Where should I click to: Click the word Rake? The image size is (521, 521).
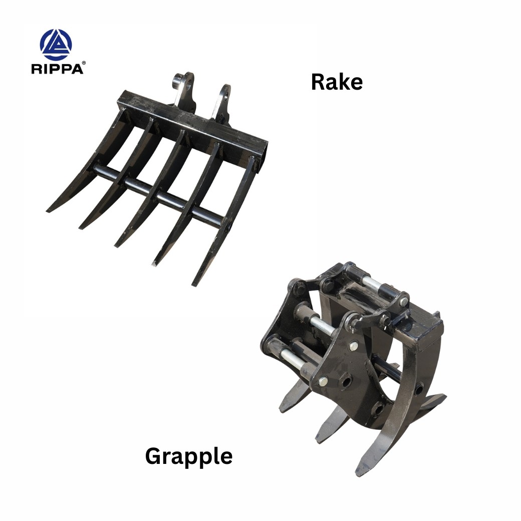pyautogui.click(x=337, y=82)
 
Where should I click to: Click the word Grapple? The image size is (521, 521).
pyautogui.click(x=189, y=457)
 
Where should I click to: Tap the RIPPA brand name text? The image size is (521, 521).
pyautogui.click(x=57, y=69)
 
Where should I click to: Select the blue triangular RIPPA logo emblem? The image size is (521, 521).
pyautogui.click(x=56, y=45)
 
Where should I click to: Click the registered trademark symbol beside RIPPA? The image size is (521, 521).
pyautogui.click(x=83, y=63)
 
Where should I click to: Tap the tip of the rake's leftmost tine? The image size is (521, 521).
pyautogui.click(x=48, y=211)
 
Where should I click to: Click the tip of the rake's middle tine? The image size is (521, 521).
pyautogui.click(x=116, y=245)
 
